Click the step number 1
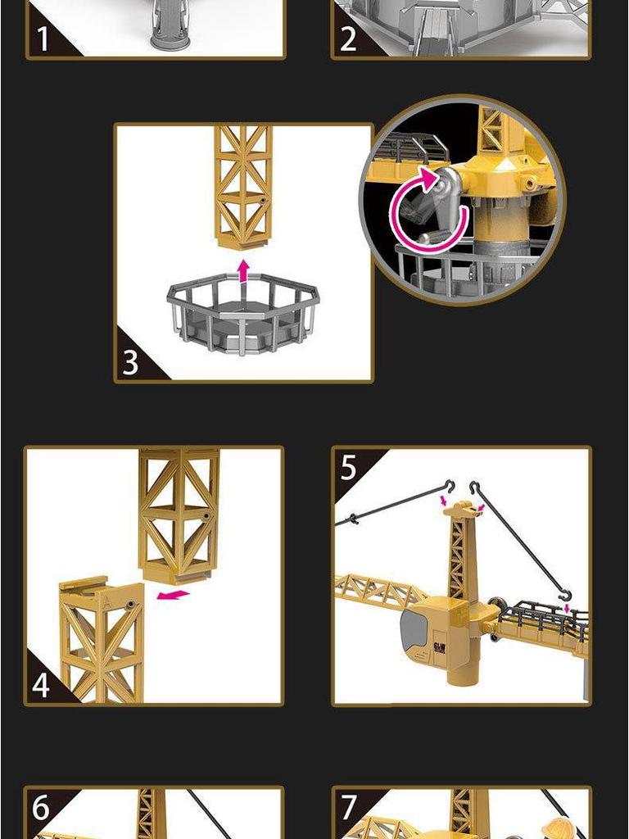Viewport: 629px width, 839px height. (x=43, y=39)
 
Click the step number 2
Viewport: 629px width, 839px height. (x=349, y=39)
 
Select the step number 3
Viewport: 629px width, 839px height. (x=131, y=361)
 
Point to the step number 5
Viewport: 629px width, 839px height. (x=350, y=468)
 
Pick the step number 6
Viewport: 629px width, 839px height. (x=42, y=808)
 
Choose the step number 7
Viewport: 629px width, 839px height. (x=350, y=808)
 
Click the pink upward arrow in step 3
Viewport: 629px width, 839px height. (x=242, y=270)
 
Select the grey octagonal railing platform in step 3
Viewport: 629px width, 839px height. (x=242, y=315)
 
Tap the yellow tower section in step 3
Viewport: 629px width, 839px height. (x=243, y=184)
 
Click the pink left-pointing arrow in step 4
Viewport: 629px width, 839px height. (x=173, y=595)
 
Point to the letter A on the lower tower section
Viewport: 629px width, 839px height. (x=109, y=597)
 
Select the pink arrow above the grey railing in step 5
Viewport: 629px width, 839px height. (x=566, y=610)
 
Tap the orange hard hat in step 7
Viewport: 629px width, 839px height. (x=560, y=826)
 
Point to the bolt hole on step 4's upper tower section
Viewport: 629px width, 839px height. (x=206, y=516)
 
